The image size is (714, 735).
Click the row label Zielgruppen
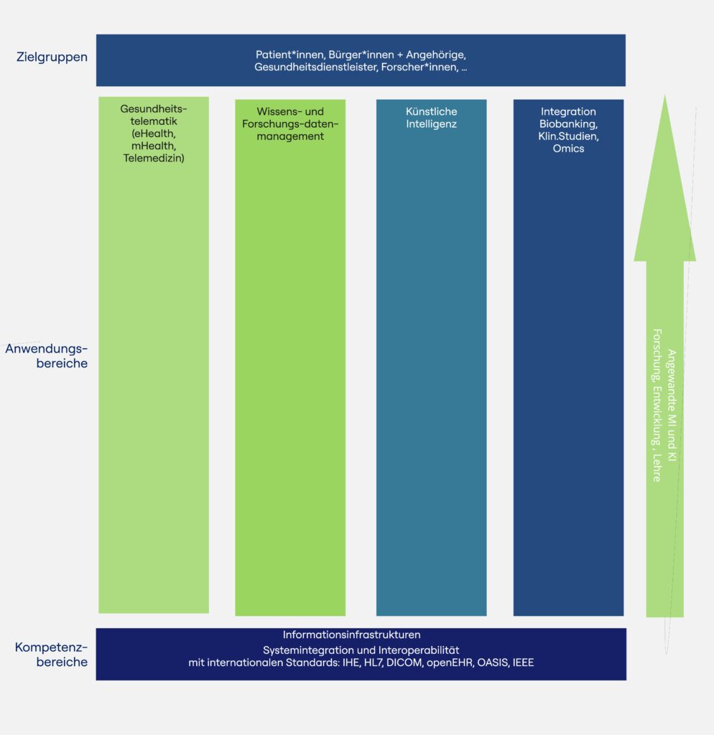(52, 57)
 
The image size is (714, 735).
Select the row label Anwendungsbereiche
(47, 356)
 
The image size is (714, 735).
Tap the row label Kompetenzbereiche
(52, 655)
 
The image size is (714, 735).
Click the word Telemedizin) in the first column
(154, 158)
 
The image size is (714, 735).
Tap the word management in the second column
(290, 136)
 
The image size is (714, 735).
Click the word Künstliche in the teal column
(431, 112)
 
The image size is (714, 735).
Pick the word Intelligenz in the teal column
(431, 124)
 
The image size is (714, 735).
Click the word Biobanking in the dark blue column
(567, 124)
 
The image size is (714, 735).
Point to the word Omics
(568, 149)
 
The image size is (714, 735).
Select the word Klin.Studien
(568, 136)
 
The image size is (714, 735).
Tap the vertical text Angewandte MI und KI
(672, 405)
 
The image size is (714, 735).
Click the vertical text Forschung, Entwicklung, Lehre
(657, 405)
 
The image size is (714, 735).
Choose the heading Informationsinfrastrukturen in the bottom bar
(351, 635)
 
